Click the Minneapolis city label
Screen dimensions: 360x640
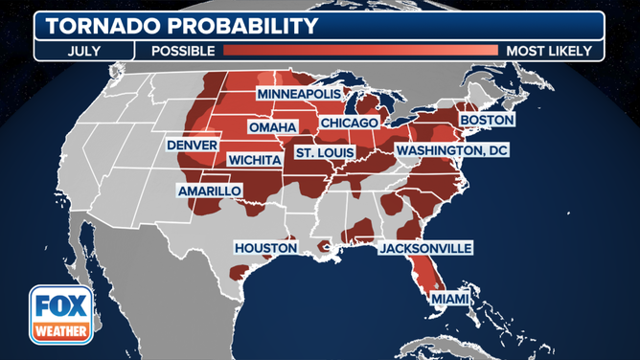click(x=297, y=94)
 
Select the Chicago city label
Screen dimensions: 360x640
click(x=350, y=123)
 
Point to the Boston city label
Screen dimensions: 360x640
click(x=487, y=120)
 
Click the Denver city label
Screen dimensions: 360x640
click(x=192, y=145)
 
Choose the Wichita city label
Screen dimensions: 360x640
click(x=254, y=159)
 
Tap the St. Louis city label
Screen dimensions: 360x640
click(x=324, y=152)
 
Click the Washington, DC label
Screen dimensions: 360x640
click(x=451, y=151)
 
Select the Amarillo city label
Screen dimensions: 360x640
click(x=209, y=191)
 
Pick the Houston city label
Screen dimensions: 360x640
click(x=266, y=248)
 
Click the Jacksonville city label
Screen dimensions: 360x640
click(x=425, y=248)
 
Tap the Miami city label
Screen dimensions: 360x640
click(x=449, y=300)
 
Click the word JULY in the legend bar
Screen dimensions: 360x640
click(x=83, y=51)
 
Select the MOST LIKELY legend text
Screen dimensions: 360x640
click(x=550, y=51)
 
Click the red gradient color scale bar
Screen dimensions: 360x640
click(x=360, y=51)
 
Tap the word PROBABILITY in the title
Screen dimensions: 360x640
click(x=241, y=25)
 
